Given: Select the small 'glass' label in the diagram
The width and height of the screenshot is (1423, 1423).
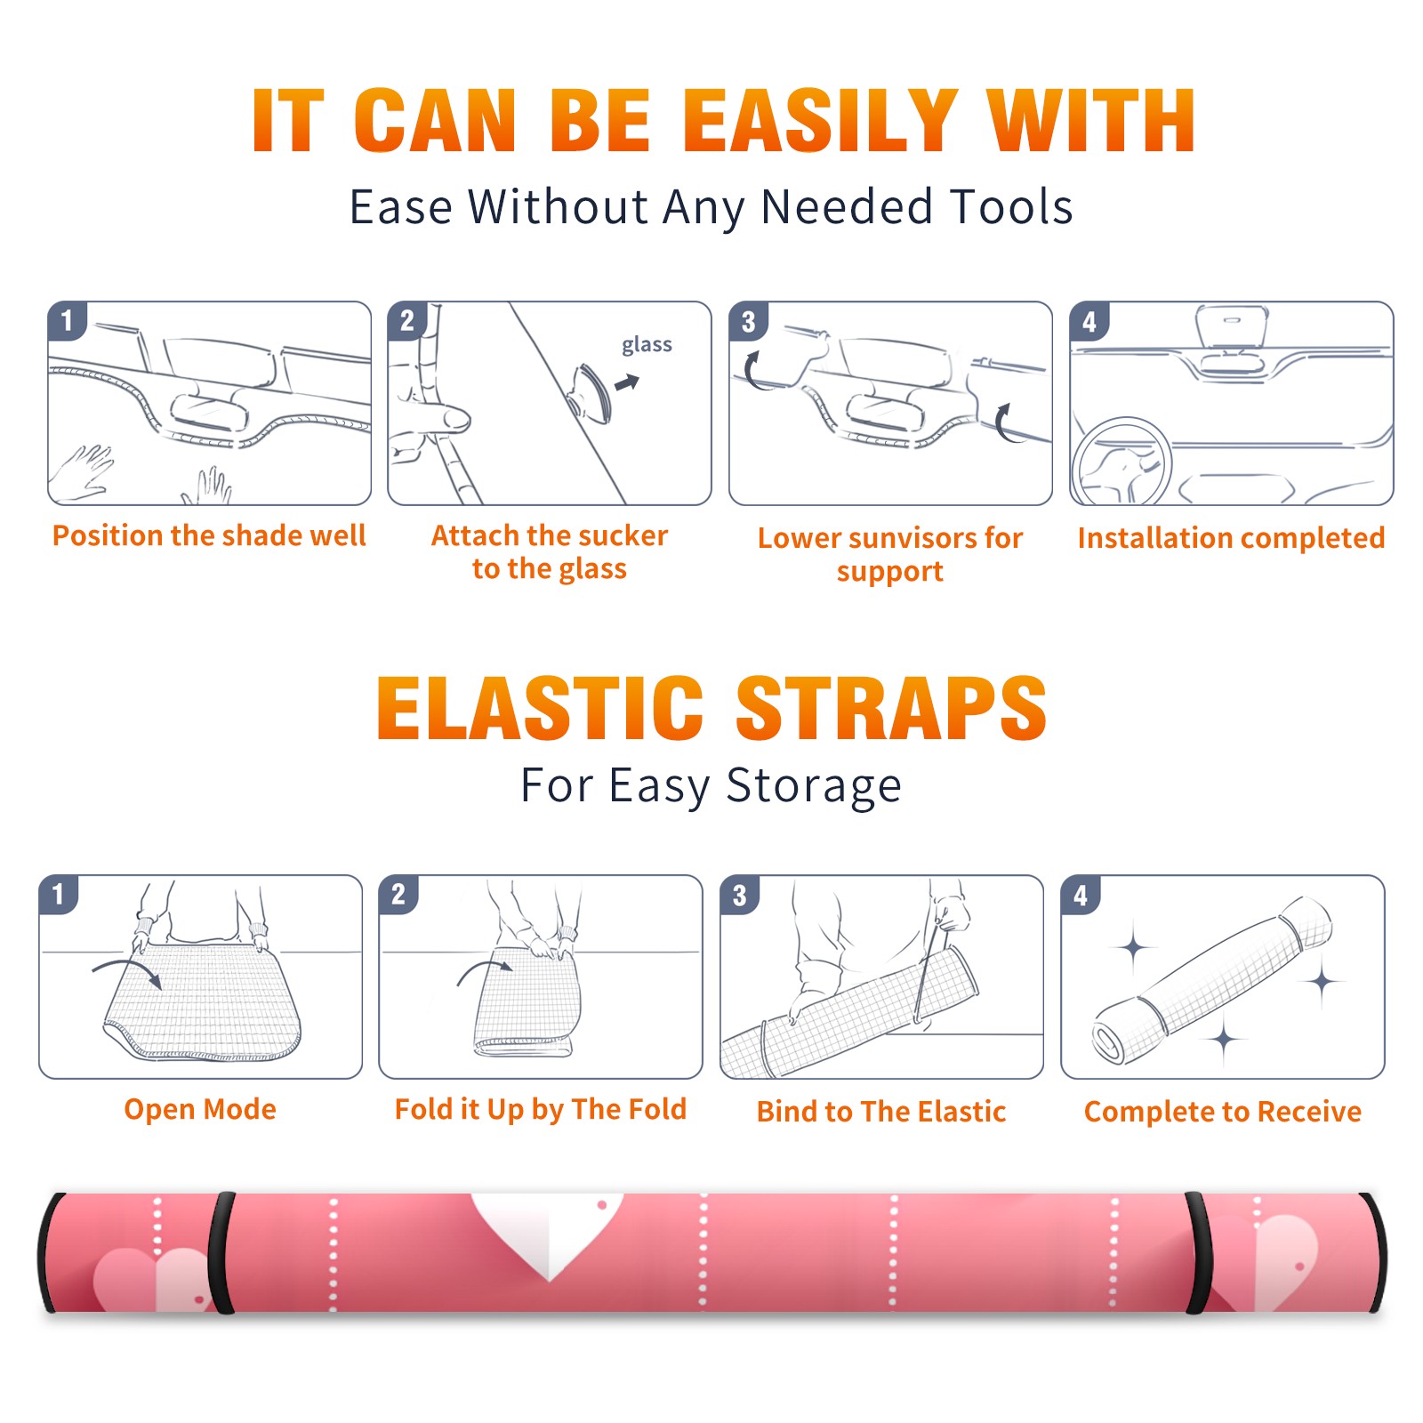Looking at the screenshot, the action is coord(647,345).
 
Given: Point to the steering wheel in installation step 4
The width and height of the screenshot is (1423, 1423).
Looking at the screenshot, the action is coord(1121,462).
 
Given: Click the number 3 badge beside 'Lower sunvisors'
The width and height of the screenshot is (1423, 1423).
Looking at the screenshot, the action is coord(748,321).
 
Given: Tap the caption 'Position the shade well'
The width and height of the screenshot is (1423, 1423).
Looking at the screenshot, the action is coord(209,535).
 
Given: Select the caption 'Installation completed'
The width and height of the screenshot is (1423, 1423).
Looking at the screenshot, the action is coord(1231,538).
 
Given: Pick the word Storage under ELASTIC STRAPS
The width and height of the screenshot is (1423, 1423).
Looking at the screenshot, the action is coord(814,786).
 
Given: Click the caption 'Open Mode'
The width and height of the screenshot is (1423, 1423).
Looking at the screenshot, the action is coord(200,1109).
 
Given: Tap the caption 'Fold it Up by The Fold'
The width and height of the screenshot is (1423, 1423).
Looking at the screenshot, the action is coord(541,1109).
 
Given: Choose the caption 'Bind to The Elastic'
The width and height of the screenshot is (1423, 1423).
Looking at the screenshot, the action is coord(881,1112).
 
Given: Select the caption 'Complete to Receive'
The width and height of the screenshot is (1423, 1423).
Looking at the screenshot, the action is coord(1223,1112).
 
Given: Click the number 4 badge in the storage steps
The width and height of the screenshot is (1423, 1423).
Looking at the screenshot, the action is coord(1081,895).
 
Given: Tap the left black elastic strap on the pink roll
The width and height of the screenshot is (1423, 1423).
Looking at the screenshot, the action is coord(221,1252).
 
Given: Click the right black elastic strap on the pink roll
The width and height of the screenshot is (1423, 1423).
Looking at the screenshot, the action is coord(1196,1252).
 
